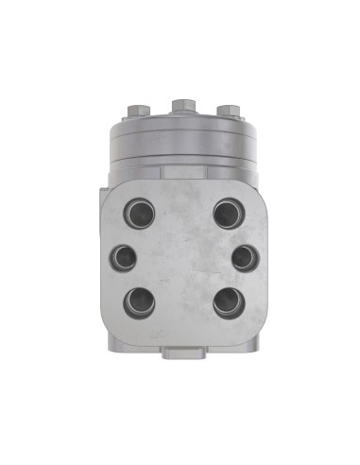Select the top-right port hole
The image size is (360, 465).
226,211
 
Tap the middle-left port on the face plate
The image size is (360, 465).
124,256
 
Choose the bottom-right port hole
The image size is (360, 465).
227,302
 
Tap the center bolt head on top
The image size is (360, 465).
180,103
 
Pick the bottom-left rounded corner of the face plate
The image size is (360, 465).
110,326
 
